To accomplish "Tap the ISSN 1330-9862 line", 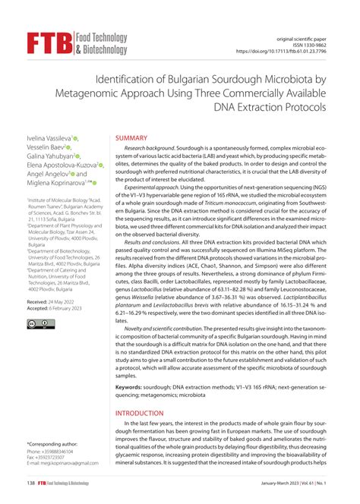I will coord(313,45).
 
